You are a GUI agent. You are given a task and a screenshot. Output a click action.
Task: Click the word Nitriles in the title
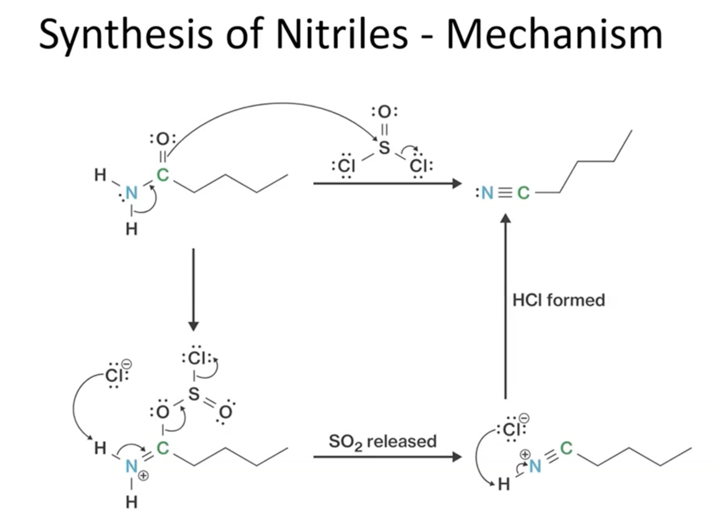tap(342, 34)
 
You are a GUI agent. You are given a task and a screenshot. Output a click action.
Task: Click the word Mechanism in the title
tap(554, 34)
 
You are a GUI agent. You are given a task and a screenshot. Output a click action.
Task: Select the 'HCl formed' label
tap(558, 300)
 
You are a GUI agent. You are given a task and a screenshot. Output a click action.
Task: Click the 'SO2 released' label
tap(382, 442)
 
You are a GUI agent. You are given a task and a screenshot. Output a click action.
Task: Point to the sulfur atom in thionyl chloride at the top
tap(384, 148)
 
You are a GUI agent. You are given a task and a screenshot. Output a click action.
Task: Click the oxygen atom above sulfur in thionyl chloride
tap(384, 112)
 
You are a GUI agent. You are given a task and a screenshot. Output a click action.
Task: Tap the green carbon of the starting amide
tap(162, 175)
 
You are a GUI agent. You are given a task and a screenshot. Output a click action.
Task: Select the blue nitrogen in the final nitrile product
tap(487, 193)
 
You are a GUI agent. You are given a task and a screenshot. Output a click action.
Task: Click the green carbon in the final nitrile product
tap(523, 193)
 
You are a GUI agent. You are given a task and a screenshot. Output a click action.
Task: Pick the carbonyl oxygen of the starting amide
tap(162, 138)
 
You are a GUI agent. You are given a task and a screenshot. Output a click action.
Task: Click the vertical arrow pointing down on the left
tap(194, 289)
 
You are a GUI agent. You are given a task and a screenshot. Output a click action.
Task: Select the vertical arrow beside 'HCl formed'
tap(505, 306)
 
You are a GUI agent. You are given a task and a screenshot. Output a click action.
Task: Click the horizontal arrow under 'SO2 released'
tap(387, 457)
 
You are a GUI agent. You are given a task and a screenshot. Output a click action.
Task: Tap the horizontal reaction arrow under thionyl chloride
tap(387, 184)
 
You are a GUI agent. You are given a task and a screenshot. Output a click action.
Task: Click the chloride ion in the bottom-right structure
tap(511, 429)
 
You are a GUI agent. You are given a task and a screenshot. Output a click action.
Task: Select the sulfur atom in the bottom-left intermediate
tap(194, 394)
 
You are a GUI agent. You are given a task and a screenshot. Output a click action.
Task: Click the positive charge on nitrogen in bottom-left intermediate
tap(144, 475)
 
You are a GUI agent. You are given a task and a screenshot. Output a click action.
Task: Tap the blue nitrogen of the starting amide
tap(131, 193)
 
